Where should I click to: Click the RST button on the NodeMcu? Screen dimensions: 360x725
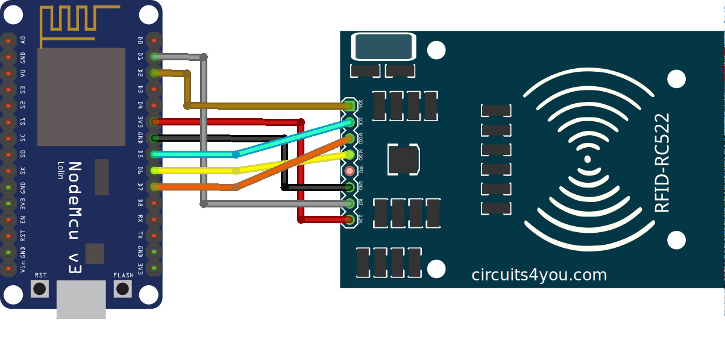pos(40,288)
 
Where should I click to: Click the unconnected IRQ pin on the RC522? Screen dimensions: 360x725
pos(350,171)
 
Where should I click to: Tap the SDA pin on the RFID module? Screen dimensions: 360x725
pos(350,106)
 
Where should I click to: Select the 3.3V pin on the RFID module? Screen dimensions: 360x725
pos(350,219)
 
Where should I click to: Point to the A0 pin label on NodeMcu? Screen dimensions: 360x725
pos(23,40)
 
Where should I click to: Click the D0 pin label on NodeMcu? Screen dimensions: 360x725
pos(140,40)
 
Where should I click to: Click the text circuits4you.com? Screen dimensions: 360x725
pos(539,275)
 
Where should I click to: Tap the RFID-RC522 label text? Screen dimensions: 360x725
pos(662,163)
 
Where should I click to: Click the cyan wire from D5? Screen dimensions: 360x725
pos(193,154)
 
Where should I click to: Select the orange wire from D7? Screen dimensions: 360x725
pos(193,187)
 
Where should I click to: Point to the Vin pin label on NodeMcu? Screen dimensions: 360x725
pos(23,267)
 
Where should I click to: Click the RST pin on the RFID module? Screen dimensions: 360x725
pos(350,203)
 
